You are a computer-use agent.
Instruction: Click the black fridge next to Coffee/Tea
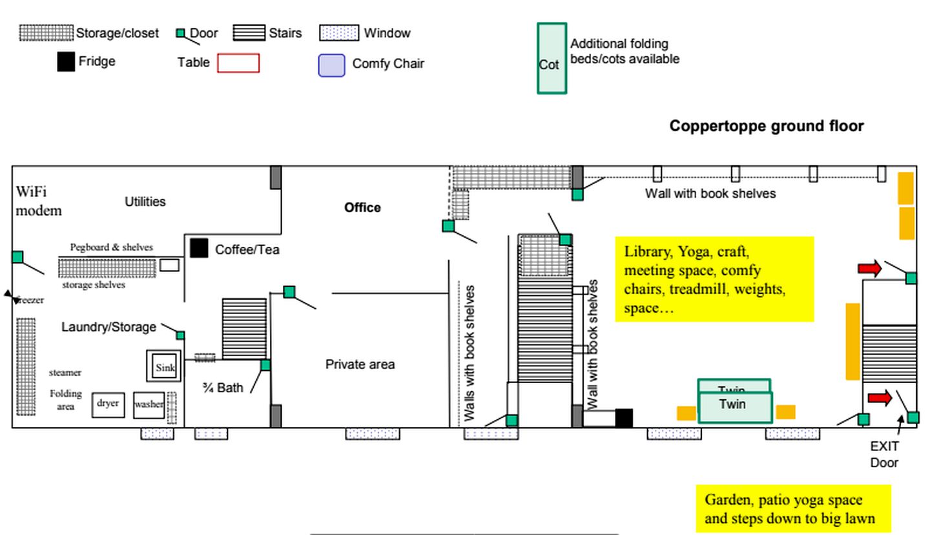[x=199, y=248]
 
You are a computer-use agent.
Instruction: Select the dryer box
[x=108, y=404]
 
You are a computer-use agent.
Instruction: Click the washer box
[x=149, y=404]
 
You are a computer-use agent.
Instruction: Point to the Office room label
[x=362, y=207]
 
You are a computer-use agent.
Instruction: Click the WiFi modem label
[x=39, y=201]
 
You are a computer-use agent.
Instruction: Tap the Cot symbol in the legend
[x=552, y=59]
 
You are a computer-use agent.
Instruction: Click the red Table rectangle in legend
[x=238, y=63]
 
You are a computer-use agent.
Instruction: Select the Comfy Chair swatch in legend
[x=331, y=65]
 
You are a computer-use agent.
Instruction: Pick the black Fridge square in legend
[x=66, y=62]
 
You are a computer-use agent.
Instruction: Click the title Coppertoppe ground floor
[x=766, y=126]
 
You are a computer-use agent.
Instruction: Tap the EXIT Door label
[x=884, y=454]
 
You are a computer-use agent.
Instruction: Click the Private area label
[x=360, y=364]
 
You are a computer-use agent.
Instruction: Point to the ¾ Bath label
[x=223, y=388]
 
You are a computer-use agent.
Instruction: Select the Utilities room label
[x=145, y=202]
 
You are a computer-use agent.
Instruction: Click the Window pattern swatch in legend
[x=338, y=33]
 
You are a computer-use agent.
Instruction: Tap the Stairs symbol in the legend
[x=249, y=33]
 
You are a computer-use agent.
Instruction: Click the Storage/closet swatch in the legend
[x=46, y=33]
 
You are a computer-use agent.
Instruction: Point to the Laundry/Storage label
[x=108, y=327]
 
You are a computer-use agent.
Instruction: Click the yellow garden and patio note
[x=792, y=509]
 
